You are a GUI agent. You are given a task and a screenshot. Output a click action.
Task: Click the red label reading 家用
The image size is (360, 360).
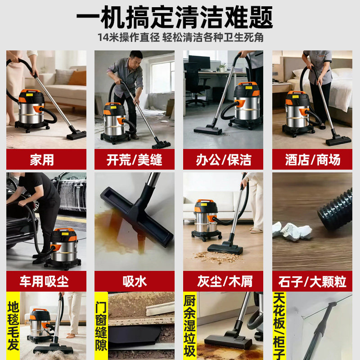click(46, 159)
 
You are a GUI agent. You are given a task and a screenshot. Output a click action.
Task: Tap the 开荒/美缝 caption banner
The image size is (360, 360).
click(134, 159)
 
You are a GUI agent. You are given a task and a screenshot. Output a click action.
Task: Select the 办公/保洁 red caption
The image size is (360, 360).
click(223, 159)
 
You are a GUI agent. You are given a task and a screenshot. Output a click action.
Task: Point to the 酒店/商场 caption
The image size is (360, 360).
click(312, 159)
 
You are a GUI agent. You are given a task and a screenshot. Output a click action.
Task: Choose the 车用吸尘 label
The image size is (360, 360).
click(46, 281)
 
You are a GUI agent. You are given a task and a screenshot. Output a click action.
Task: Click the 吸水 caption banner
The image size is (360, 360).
click(134, 281)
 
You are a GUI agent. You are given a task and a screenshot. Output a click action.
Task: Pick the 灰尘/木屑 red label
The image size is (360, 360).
click(223, 281)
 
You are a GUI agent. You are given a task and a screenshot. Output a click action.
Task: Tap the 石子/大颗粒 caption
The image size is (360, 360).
click(312, 281)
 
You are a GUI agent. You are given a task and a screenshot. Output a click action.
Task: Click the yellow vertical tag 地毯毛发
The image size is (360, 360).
click(13, 326)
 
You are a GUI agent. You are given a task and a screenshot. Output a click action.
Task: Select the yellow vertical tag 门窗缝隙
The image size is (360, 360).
click(101, 326)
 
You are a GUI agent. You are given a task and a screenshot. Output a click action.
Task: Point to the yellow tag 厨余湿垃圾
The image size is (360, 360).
click(190, 326)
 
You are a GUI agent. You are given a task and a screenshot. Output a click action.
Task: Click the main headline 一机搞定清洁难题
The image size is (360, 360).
click(175, 17)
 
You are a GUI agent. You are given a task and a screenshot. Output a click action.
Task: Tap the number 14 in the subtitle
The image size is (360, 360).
click(103, 37)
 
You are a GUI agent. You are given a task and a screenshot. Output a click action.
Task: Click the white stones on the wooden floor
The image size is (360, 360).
click(292, 230)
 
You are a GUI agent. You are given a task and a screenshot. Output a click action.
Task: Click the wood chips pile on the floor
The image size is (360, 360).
click(218, 257)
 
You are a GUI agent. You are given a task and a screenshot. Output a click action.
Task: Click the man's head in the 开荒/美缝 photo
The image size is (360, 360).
click(136, 58)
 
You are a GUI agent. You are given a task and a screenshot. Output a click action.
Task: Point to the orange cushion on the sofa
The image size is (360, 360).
click(77, 78)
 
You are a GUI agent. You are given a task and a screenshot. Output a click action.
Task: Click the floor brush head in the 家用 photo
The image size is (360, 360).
click(76, 135)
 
